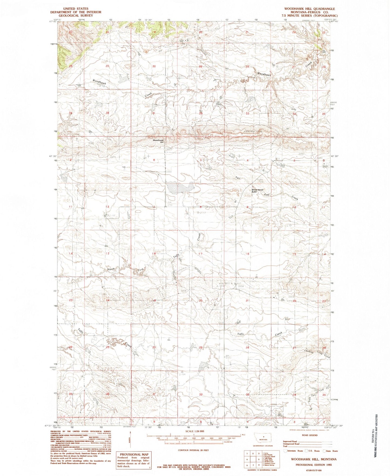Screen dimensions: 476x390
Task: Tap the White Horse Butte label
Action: coord(257,191)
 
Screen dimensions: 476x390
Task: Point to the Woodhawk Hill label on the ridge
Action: coord(158,141)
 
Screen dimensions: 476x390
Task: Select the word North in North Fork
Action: coord(111,269)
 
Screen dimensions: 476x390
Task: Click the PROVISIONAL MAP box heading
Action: coord(133,454)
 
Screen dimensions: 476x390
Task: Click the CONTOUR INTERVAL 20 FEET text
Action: coord(193,450)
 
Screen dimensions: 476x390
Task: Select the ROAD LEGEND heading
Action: coord(310,435)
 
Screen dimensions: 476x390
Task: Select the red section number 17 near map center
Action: coord(200,254)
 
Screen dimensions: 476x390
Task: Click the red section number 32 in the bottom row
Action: coord(201,394)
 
